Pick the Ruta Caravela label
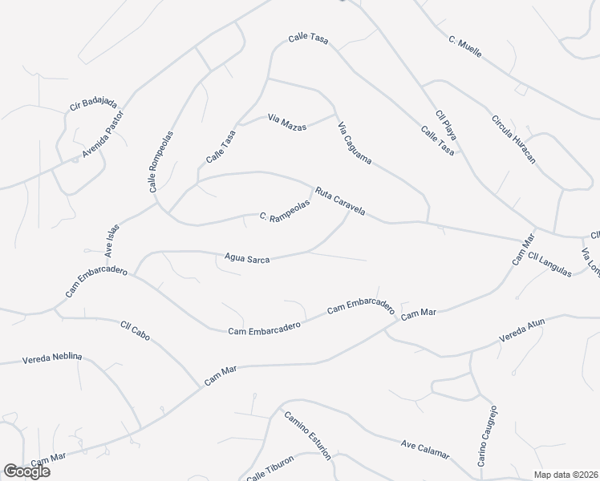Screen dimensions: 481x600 pos(340,202)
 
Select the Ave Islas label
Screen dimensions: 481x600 pos(111,237)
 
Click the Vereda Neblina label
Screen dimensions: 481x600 pos(53,358)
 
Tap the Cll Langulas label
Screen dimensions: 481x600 pos(549,265)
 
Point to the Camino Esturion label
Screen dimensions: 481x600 pos(307,436)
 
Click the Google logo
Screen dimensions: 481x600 pos(26,471)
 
